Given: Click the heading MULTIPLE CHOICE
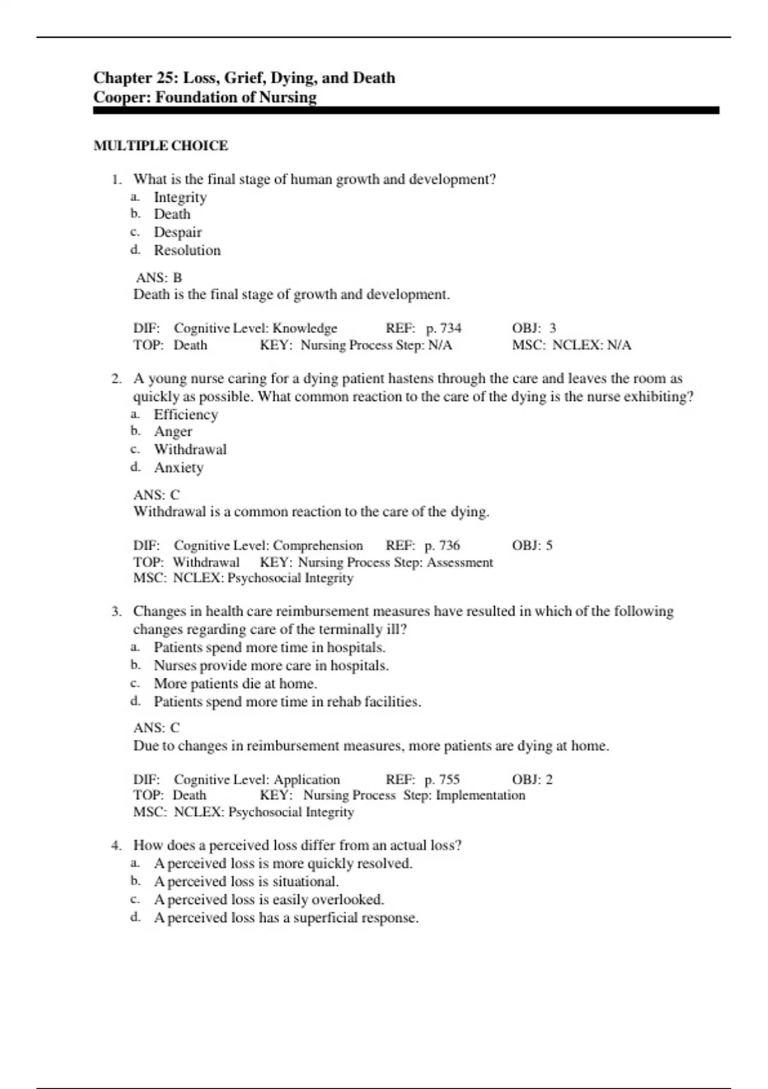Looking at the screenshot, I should coord(161,146).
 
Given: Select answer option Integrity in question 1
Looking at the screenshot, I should coord(180,197).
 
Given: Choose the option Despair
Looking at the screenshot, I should coord(177,233).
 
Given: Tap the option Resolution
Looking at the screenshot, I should coord(187,250).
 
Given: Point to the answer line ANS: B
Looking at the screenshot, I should coord(159,277).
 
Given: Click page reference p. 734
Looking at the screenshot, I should coord(444,328).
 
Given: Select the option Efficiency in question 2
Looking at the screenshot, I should coord(186,414).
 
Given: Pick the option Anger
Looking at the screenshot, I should coord(173,432).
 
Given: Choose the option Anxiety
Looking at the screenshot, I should coord(179,468).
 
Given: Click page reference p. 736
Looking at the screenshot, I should coord(442,545).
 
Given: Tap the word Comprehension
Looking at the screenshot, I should coord(318,545).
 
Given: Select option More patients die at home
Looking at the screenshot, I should coord(235,684).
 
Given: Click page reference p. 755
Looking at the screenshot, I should coord(442,779).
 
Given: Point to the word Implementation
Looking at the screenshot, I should coord(480,795).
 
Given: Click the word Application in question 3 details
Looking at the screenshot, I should coord(307,779).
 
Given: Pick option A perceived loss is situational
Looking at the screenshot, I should coord(246,881).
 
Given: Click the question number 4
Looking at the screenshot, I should coord(116,845).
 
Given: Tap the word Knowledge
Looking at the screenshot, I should coord(305,328).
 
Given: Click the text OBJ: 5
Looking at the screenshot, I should coord(532,545).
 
